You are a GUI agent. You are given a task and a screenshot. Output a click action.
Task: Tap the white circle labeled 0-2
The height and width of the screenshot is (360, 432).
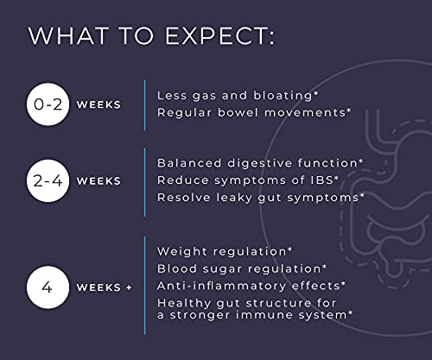48,104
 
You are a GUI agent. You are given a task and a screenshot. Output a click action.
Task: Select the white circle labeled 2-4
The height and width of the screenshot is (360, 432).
48,180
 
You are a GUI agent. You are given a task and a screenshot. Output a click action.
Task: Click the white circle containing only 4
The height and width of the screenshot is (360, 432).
48,287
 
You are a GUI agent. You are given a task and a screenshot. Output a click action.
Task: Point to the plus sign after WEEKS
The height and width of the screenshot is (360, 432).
129,287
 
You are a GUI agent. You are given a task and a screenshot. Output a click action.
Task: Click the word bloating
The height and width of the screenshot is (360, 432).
283,96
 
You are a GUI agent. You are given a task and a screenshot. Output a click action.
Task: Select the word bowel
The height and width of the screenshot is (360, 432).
238,112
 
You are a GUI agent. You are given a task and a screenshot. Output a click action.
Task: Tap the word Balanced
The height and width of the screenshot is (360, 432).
189,163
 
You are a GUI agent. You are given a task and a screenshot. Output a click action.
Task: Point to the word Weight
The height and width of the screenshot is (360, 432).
182,252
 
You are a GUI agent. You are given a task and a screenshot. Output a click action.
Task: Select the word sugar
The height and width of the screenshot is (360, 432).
222,269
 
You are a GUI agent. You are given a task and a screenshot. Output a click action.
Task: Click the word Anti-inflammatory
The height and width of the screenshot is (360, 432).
221,286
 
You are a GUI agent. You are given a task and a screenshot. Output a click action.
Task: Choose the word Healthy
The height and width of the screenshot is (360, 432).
184,303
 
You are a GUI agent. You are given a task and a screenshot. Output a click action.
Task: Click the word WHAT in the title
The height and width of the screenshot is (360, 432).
69,36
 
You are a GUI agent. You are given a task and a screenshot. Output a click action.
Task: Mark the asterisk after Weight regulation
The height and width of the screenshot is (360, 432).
289,249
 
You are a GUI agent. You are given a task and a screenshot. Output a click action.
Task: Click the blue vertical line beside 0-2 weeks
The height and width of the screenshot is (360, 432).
144,105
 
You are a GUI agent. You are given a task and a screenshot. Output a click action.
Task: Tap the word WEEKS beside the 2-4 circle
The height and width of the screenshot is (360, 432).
98,181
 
